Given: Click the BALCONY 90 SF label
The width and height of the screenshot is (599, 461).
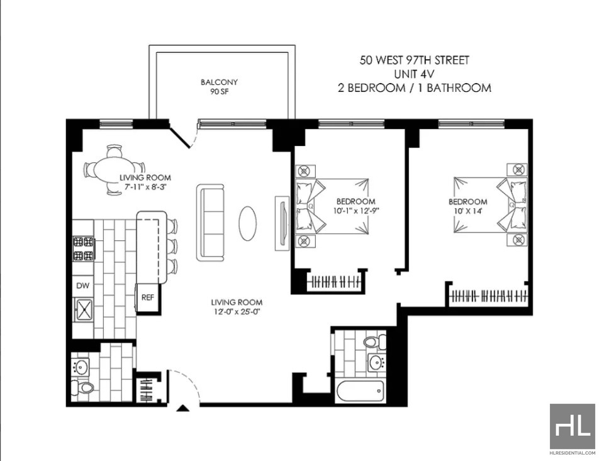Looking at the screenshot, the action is [x=219, y=87].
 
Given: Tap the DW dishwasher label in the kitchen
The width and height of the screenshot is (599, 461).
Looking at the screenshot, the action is [x=83, y=286].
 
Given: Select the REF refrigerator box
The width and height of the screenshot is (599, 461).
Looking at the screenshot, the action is [x=148, y=298].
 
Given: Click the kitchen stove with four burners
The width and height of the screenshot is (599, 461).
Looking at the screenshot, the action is [x=83, y=248].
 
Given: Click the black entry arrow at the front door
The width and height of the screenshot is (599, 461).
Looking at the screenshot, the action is [x=183, y=408].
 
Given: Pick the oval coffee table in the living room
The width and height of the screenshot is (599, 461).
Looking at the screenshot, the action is [x=247, y=223].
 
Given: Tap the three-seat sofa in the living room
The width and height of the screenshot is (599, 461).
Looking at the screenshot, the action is [x=210, y=223].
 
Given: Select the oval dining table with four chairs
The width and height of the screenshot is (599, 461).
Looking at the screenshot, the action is [x=114, y=170].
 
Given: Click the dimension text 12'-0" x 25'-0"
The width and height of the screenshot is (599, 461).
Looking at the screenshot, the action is [x=237, y=312].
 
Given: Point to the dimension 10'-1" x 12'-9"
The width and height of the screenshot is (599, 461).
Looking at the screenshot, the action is [x=355, y=211].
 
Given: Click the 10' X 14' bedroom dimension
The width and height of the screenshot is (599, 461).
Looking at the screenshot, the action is [x=467, y=211].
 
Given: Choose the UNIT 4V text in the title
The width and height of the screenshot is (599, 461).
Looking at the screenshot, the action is [x=414, y=74].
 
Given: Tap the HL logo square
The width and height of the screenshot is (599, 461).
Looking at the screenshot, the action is [x=573, y=426].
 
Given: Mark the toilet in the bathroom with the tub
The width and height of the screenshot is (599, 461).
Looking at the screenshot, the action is [x=374, y=342].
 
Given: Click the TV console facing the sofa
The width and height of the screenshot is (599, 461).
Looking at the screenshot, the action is [x=283, y=223].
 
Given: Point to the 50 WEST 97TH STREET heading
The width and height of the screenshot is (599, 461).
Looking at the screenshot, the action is [x=414, y=60].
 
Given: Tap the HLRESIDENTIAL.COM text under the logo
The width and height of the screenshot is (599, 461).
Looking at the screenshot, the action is [x=573, y=453].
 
